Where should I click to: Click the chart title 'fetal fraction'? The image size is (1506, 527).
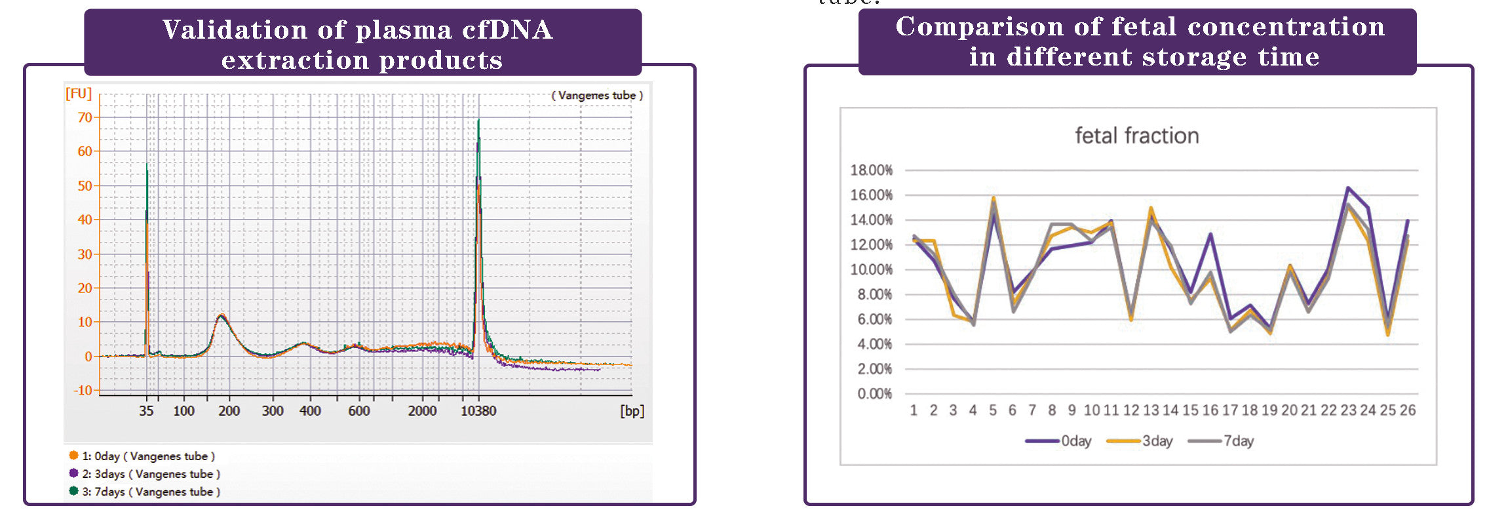tap(1136, 136)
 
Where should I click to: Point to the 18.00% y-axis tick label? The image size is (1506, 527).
tap(871, 170)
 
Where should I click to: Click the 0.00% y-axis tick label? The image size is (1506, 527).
tap(874, 394)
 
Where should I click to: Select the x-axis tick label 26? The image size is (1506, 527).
tap(1407, 410)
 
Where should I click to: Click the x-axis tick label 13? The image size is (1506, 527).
tap(1151, 410)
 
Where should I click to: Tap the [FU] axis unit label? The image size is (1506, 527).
tap(79, 94)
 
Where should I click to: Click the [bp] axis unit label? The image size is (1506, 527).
tap(632, 411)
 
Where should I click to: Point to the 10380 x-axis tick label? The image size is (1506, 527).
tap(478, 411)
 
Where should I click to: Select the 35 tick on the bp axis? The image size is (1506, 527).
tap(146, 411)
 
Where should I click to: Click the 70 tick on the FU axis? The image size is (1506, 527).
tap(85, 118)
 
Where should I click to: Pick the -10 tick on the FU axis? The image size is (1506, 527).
tap(83, 391)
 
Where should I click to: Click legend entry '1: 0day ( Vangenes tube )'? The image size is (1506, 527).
tap(148, 456)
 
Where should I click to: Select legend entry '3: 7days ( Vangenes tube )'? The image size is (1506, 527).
tap(151, 492)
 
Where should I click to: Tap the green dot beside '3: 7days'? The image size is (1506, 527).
tap(73, 491)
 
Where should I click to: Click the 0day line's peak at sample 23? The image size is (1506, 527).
tap(1348, 188)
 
